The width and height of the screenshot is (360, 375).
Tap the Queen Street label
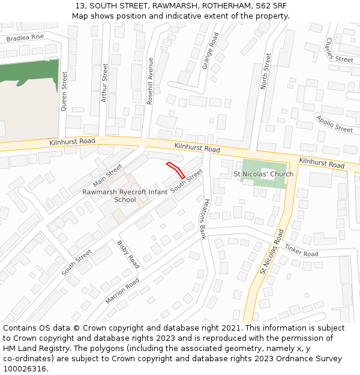[64, 92]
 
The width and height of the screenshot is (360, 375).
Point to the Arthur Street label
[104, 82]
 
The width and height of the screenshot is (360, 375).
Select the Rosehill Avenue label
[150, 81]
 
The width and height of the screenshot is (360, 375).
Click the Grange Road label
[211, 51]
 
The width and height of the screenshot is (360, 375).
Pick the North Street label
[265, 71]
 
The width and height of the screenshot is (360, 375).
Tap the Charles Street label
[338, 52]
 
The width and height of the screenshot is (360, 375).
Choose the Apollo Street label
[334, 124]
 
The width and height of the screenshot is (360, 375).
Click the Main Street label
[107, 175]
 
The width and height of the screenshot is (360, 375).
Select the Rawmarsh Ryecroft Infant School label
[125, 196]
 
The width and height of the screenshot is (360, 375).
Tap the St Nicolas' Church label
[263, 174]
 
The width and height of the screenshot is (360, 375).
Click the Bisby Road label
[129, 254]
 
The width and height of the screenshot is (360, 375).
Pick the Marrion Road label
[122, 290]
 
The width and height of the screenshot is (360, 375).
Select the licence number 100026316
[25, 369]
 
